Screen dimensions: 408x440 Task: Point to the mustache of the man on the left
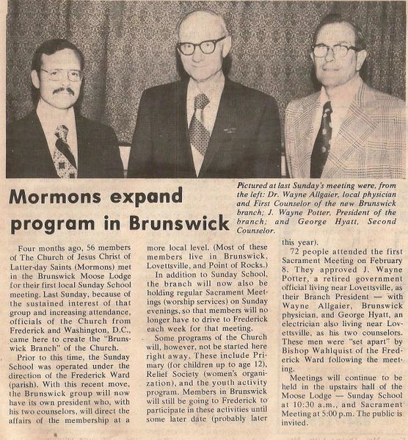(x=63, y=92)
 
